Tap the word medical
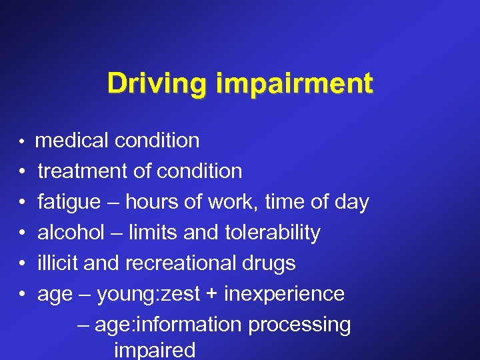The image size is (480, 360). (73, 141)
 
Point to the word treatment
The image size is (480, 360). (83, 171)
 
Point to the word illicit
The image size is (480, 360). (58, 263)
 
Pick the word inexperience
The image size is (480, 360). (285, 295)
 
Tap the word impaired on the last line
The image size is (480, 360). (155, 351)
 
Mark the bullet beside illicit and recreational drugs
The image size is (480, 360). (23, 264)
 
